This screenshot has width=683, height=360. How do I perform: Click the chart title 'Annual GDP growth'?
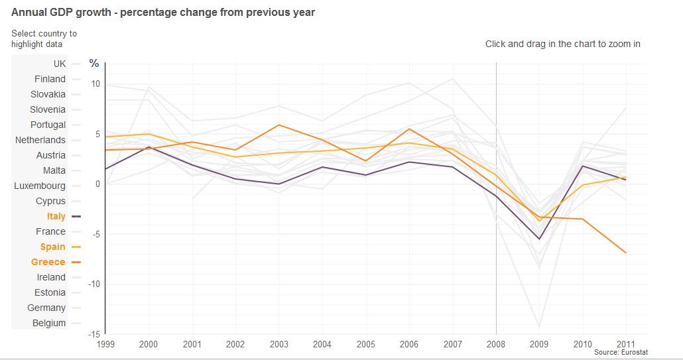163,12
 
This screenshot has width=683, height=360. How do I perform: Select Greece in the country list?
48,262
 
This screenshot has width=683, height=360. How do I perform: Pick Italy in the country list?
56,216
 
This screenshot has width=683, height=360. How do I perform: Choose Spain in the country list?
52,247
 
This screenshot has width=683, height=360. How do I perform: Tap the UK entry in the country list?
60,64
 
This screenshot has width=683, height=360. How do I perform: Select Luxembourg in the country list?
40,186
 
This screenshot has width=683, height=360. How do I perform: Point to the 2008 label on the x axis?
496,344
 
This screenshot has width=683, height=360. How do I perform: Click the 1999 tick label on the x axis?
105,344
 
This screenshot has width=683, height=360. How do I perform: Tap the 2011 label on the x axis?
626,344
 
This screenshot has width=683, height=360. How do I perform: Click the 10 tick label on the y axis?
95,84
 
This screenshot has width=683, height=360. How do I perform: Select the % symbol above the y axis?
94,64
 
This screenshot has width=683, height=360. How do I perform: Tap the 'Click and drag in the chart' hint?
562,44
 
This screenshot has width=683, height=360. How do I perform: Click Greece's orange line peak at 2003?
279,125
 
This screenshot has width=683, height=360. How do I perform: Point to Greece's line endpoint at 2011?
626,253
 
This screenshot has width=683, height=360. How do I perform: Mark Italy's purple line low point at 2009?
539,239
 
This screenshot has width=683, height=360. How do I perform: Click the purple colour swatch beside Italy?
76,216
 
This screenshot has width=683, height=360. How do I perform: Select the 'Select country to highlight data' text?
44,38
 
